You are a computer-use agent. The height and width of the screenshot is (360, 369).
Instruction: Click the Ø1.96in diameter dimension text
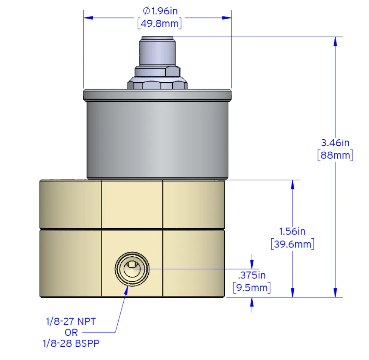coord(160,11)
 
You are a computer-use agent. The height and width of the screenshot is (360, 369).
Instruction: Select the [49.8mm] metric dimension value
coord(159,24)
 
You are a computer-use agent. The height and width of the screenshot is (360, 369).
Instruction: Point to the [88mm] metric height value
coord(335,155)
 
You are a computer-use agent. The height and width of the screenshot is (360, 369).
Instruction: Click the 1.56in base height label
coord(292,231)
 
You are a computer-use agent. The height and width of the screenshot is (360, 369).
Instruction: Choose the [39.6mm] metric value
coord(292,244)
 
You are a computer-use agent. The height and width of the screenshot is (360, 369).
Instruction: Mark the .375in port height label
coord(252,275)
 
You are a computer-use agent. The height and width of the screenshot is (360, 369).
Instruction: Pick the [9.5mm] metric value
coord(252,287)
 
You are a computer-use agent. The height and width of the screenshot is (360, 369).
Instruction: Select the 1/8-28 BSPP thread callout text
coord(70,343)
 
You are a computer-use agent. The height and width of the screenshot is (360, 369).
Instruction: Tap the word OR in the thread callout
coord(71,332)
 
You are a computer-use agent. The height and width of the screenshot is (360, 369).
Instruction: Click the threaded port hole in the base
coord(132,269)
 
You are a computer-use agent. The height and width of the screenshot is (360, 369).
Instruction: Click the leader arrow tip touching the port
coord(128,286)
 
